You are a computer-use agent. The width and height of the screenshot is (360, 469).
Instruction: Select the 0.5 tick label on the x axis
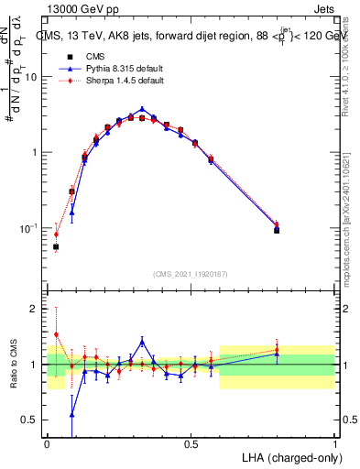click(191, 443)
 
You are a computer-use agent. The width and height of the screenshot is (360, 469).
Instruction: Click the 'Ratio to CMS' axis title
click(14, 365)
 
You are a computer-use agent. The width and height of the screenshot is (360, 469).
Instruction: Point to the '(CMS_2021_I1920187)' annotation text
click(191, 274)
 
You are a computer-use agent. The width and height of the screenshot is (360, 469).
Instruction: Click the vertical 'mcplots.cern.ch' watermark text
click(352, 247)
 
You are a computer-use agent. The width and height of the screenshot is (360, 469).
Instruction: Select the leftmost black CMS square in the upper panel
click(56, 246)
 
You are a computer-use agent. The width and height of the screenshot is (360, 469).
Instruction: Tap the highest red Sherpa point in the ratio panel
click(56, 334)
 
